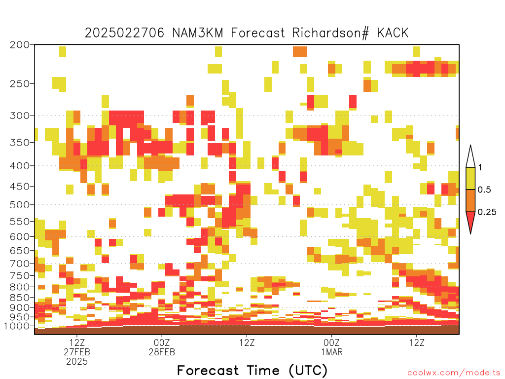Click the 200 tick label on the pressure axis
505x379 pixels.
tap(20, 45)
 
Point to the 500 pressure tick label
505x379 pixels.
tap(20, 205)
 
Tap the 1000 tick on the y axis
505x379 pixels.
tap(16, 326)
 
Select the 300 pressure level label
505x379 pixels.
tap(20, 115)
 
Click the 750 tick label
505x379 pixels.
tap(20, 276)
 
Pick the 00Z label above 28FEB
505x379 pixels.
tap(162, 342)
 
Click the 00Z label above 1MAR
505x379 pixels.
tap(332, 342)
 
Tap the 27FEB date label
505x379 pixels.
tap(77, 352)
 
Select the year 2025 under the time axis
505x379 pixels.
tap(77, 362)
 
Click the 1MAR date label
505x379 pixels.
tap(332, 352)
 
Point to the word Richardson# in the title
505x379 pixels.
tap(330, 33)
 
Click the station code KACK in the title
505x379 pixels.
tap(393, 33)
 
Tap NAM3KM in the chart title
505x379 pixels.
tap(198, 33)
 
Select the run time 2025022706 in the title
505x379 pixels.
tap(125, 33)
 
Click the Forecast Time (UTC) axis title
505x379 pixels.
tap(252, 371)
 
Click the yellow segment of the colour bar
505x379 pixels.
tap(470, 178)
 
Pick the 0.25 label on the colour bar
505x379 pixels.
tap(487, 212)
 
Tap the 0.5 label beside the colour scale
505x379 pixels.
tap(484, 189)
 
